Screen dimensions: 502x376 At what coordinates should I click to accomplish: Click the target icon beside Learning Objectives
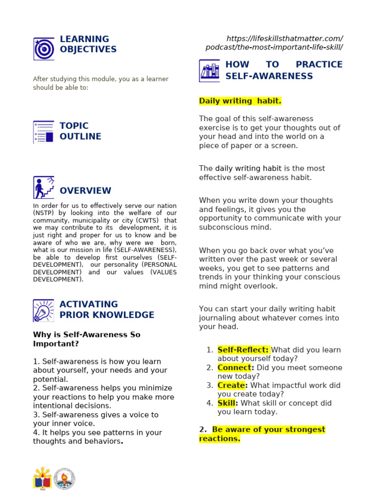[x=44, y=49]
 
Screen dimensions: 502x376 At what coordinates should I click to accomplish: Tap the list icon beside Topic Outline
[x=44, y=132]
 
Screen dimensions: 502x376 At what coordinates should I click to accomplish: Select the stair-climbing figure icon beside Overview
[x=44, y=187]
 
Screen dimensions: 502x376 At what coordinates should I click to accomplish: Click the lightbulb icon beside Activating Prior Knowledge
[x=44, y=310]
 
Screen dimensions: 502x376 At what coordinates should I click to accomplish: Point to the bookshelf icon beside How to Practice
[x=210, y=71]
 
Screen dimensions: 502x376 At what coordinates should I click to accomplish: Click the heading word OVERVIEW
[x=85, y=191]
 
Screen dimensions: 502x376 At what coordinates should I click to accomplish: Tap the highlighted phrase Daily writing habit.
[x=240, y=101]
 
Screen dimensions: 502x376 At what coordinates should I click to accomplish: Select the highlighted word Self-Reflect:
[x=243, y=350]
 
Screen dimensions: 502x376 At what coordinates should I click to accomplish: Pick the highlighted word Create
[x=231, y=385]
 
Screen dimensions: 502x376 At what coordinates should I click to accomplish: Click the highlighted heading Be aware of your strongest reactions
[x=262, y=434]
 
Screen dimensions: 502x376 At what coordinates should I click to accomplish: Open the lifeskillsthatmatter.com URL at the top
[x=274, y=43]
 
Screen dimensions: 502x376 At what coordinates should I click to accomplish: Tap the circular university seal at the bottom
[x=65, y=479]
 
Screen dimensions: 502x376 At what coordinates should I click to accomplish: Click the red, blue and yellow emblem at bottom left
[x=42, y=479]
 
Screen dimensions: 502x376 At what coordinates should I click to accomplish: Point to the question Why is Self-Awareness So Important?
[x=86, y=339]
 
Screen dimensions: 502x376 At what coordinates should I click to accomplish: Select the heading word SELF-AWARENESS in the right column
[x=269, y=76]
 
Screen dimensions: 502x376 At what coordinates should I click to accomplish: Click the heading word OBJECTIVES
[x=88, y=50]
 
